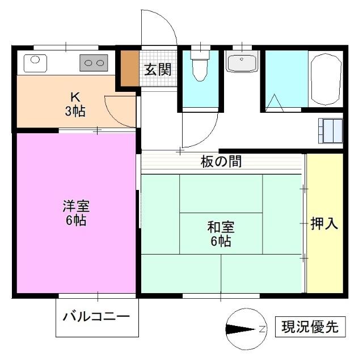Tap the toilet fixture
[199, 66]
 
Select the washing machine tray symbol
[331, 130]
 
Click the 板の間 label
[221, 162]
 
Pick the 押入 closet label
[324, 223]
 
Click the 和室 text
[221, 228]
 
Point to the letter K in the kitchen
[75, 96]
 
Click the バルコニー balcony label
[96, 316]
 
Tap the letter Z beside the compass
[263, 329]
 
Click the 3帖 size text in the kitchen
[75, 111]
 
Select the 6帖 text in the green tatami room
[221, 242]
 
